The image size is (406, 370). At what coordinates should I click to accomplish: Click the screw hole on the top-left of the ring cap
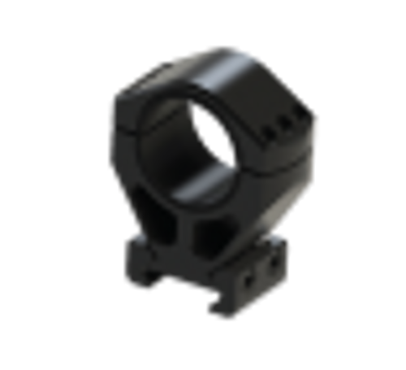click(166, 63)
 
